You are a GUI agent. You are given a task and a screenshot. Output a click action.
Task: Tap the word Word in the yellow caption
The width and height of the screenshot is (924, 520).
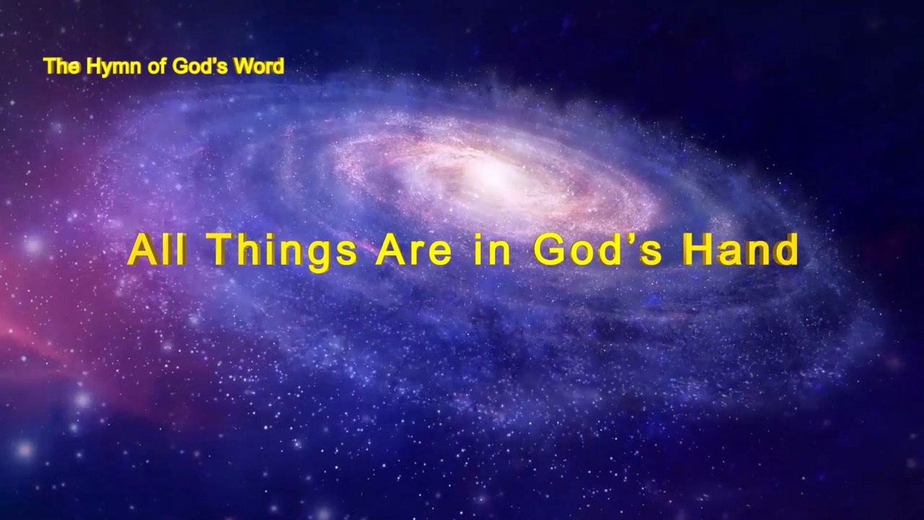click(261, 66)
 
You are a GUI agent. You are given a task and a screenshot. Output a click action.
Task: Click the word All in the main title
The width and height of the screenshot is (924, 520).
click(157, 251)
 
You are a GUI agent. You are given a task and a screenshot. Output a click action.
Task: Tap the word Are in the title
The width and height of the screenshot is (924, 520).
click(413, 251)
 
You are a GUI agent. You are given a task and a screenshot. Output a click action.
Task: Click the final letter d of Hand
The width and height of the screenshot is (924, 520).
click(787, 251)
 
